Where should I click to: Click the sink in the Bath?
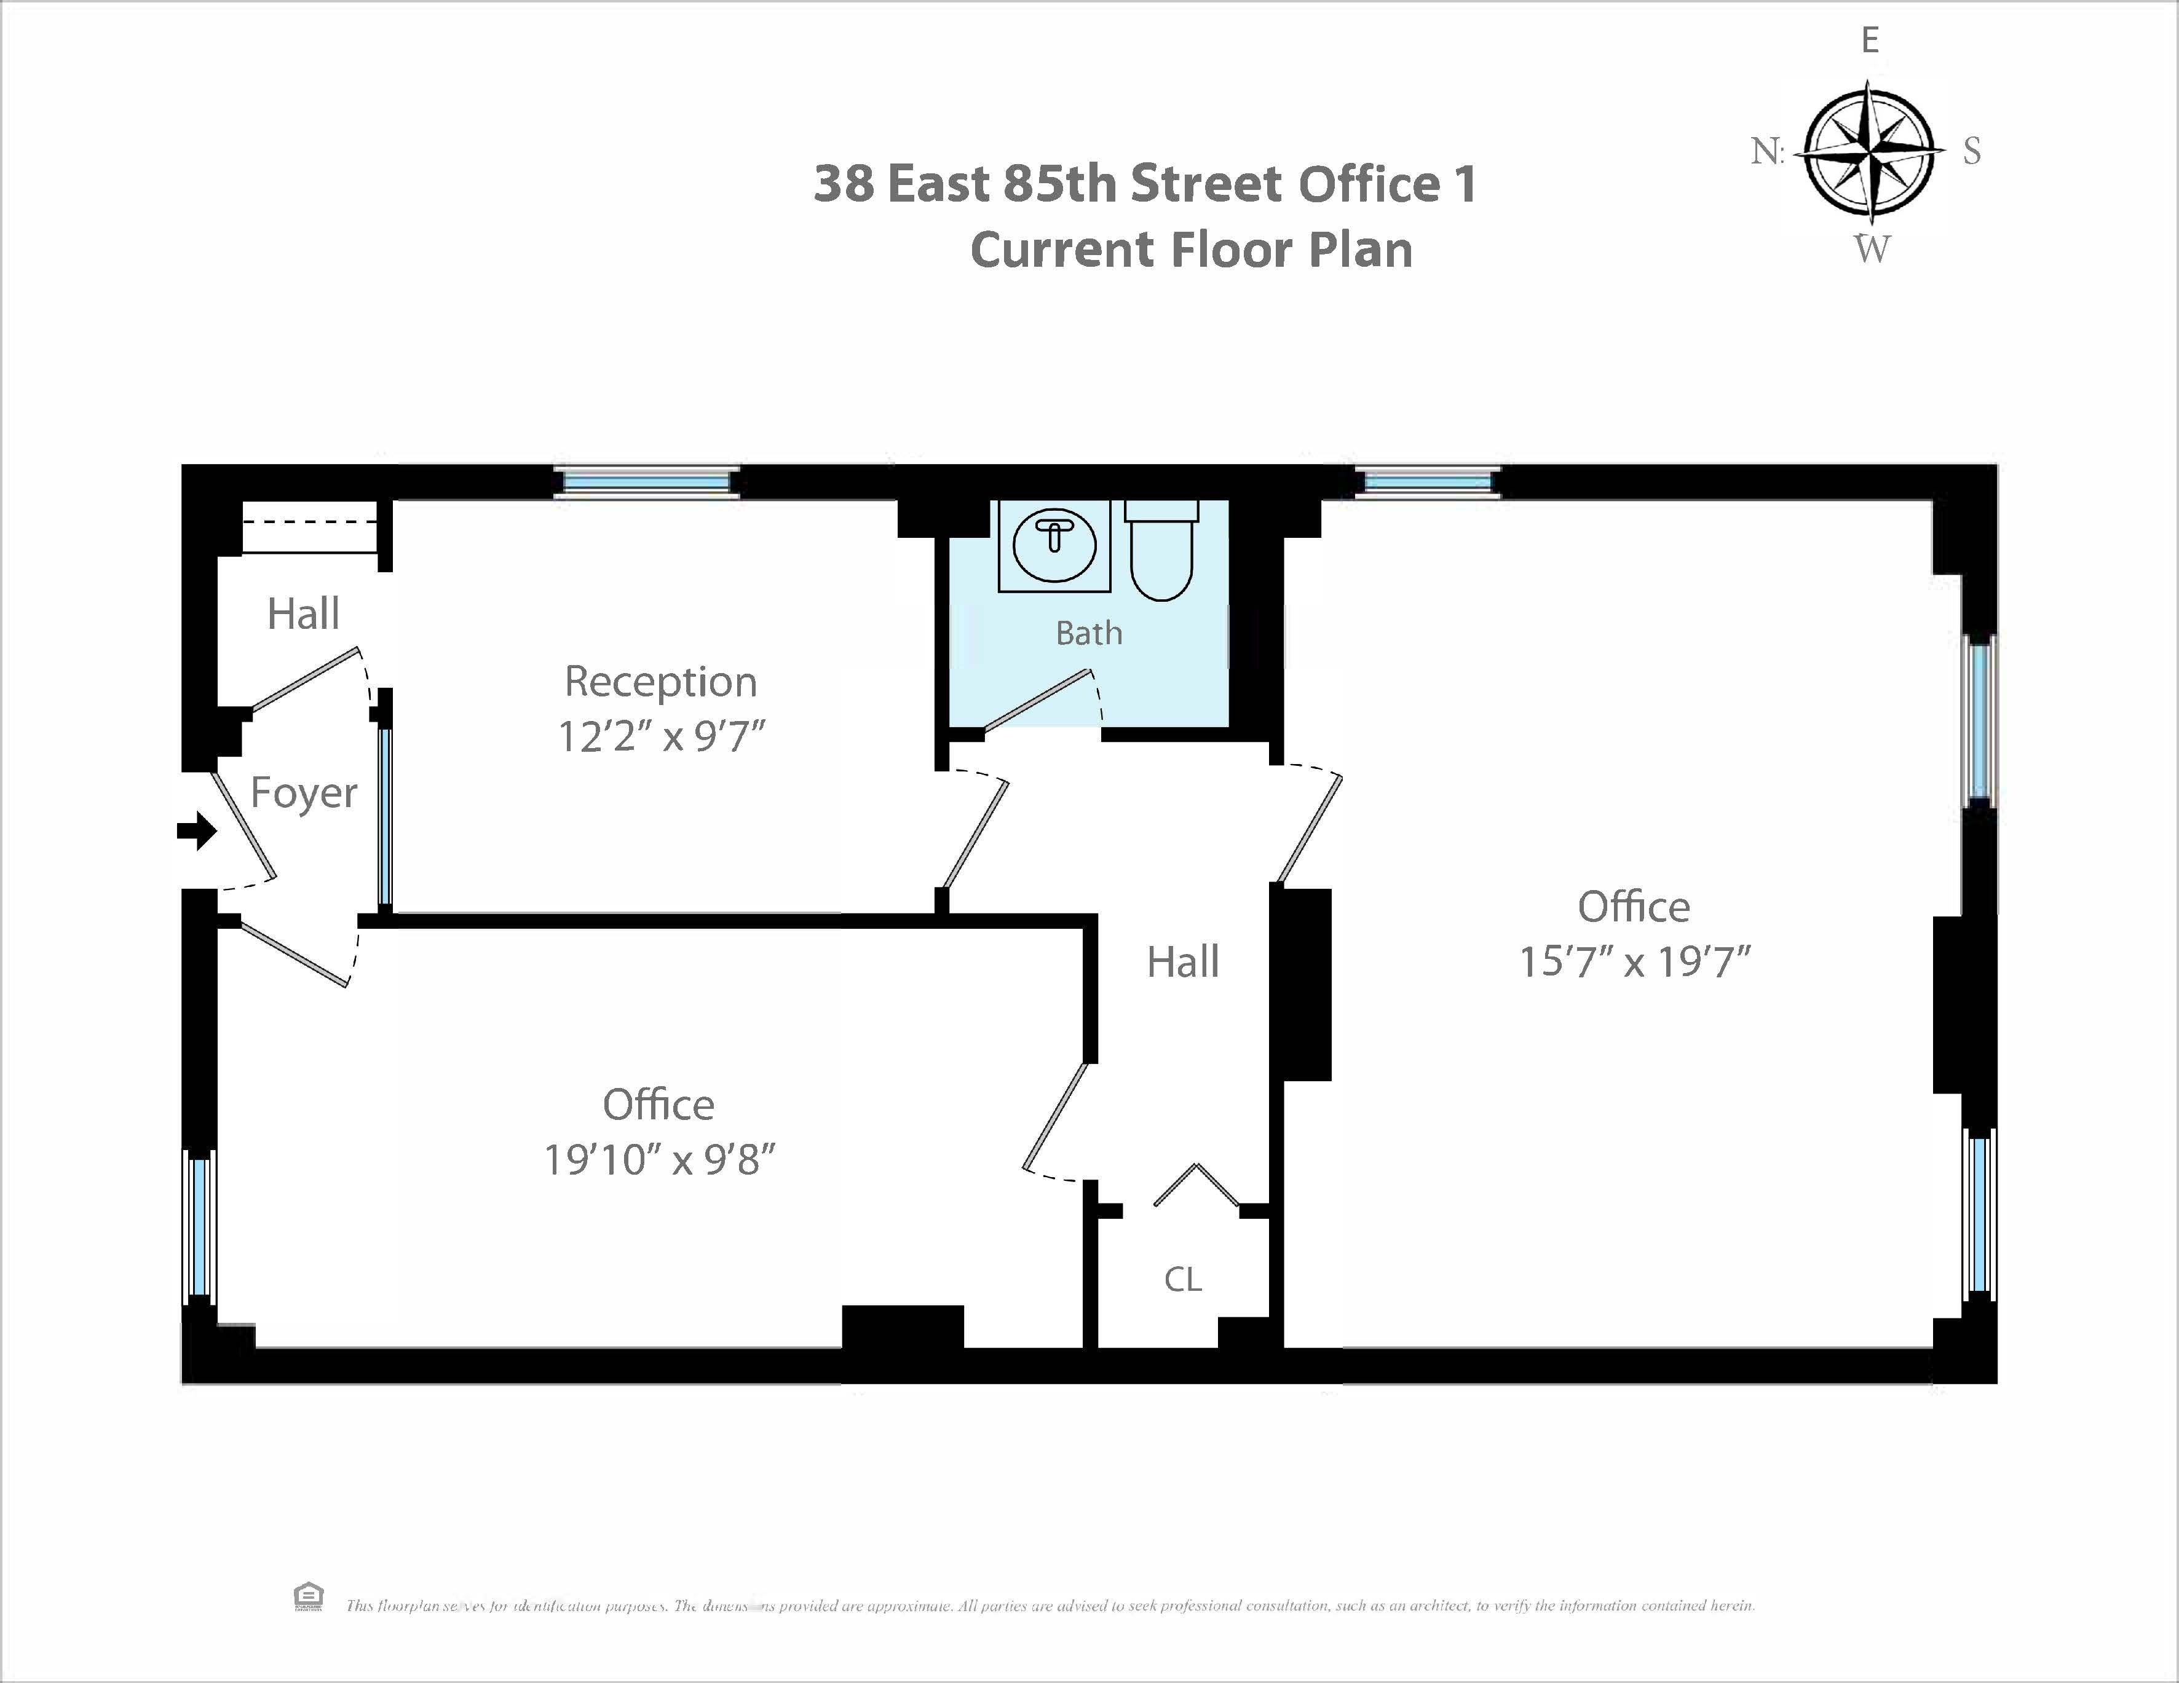point(1054,546)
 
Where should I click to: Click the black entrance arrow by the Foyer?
point(197,830)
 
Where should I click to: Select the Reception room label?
point(660,682)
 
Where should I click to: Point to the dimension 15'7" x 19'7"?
point(1634,963)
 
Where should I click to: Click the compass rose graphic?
point(1870,152)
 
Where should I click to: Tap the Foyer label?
point(303,793)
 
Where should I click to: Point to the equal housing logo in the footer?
point(308,1596)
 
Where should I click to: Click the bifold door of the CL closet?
point(1196,1185)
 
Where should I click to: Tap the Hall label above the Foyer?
point(303,613)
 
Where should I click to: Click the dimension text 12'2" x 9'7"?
point(660,737)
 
